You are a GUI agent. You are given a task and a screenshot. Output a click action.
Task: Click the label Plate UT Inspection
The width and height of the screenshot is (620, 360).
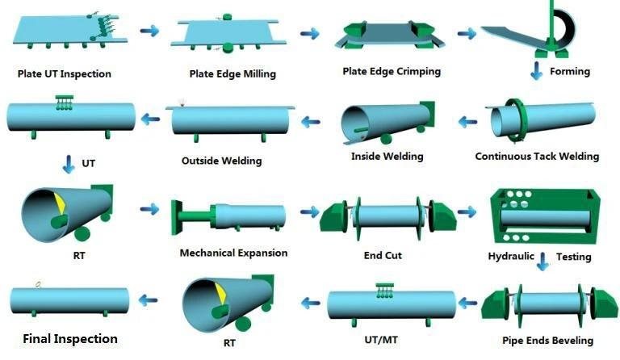click(x=65, y=74)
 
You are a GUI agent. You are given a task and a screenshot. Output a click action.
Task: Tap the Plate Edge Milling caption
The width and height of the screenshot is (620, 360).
click(x=232, y=74)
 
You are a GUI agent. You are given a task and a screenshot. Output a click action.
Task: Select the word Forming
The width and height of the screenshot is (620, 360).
click(x=570, y=72)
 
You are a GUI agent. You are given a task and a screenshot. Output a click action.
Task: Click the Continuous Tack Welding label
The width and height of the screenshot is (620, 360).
click(x=537, y=156)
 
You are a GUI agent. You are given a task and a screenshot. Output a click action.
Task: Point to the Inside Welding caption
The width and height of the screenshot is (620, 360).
click(x=387, y=157)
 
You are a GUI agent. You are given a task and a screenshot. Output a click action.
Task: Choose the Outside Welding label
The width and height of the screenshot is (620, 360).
click(x=221, y=161)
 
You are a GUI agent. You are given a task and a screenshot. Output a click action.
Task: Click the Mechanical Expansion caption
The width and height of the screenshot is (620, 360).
click(x=233, y=253)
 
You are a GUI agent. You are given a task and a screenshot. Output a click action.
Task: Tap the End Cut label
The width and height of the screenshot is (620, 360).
click(x=383, y=255)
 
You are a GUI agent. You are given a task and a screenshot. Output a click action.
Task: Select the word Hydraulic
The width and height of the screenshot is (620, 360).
click(x=511, y=257)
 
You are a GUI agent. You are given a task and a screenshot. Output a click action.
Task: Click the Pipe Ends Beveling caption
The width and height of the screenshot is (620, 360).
click(x=547, y=341)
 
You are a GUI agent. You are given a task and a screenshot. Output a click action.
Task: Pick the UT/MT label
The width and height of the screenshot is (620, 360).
click(x=381, y=340)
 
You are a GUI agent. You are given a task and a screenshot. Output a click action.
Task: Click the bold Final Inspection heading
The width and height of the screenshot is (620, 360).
click(x=70, y=339)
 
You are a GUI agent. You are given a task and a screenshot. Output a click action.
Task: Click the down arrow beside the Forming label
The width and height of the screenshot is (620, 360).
click(x=537, y=71)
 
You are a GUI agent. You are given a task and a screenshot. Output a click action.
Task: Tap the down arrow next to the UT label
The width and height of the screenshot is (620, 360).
click(x=69, y=164)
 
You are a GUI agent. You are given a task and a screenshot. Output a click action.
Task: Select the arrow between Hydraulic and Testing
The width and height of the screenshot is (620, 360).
click(x=542, y=262)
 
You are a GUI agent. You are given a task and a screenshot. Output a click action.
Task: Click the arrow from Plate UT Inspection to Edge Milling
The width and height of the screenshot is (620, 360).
click(x=149, y=31)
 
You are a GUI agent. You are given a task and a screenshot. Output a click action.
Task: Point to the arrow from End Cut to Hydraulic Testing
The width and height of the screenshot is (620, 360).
click(x=467, y=212)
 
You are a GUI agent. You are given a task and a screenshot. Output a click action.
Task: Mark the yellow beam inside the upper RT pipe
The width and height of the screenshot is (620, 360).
click(x=60, y=203)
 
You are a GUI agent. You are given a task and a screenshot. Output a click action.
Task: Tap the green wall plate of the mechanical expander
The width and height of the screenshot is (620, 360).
click(x=176, y=217)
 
